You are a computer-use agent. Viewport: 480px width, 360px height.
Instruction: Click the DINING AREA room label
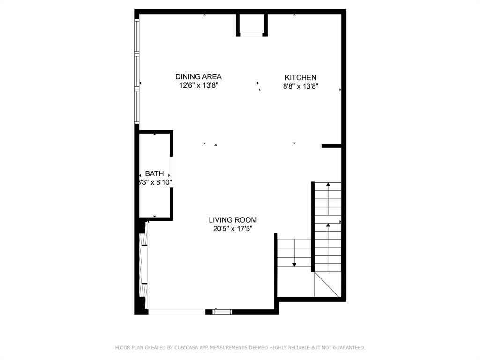(x=198, y=77)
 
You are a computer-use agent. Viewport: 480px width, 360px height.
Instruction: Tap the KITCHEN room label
(x=300, y=78)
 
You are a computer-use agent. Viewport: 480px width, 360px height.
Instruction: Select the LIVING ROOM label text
(x=232, y=220)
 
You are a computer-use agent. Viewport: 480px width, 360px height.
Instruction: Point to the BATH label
(x=154, y=174)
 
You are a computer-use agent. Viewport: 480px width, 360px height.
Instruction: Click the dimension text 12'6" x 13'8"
(x=198, y=86)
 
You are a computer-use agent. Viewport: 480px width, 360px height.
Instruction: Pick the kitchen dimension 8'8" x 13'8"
(x=300, y=86)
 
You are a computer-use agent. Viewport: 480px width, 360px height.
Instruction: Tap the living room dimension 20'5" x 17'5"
(x=232, y=229)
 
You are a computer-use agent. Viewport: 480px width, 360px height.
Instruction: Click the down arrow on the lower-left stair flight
(x=294, y=264)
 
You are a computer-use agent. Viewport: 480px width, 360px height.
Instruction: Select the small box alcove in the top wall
(x=252, y=24)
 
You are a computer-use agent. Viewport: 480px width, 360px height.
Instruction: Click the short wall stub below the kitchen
(x=331, y=146)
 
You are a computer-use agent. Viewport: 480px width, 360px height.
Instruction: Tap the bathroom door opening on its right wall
(x=172, y=172)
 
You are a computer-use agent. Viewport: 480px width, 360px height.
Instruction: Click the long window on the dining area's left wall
(x=137, y=70)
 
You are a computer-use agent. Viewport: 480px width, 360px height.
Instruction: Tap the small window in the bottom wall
(x=222, y=311)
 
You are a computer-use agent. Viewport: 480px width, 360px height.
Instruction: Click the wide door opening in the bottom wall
(x=177, y=311)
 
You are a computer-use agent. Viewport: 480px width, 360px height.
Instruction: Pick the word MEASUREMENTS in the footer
(x=228, y=348)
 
